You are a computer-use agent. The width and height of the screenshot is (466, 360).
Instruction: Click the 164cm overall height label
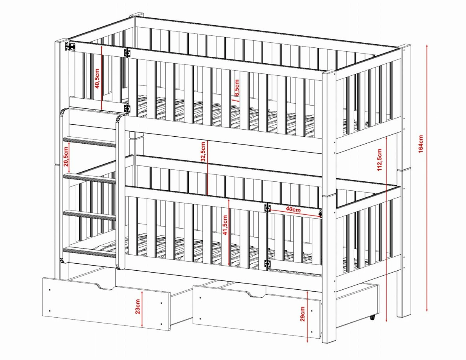tap(421, 144)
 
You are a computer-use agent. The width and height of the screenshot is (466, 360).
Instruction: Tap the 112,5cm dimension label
tap(379, 160)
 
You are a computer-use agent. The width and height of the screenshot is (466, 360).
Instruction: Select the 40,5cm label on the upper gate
tap(97, 79)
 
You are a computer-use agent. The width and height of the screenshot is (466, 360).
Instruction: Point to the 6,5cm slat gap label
tap(237, 88)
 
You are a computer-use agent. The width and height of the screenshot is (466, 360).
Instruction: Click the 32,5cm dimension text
tap(203, 151)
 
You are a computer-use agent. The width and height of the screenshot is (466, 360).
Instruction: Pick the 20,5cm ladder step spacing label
tap(66, 157)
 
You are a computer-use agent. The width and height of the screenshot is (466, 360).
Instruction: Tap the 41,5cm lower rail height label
tap(225, 225)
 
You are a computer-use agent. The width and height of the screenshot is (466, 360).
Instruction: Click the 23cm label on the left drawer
tap(138, 307)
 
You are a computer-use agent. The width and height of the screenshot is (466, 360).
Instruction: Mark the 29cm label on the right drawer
tap(303, 314)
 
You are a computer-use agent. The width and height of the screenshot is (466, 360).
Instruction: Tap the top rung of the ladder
tap(89, 142)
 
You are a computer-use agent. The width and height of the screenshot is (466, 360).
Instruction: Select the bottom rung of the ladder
tap(89, 252)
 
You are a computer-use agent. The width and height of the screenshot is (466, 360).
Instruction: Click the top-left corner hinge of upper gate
tap(71, 46)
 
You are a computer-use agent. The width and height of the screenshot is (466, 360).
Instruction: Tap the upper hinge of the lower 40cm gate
tap(267, 208)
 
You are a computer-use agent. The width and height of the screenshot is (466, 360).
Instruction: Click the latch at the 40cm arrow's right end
tap(321, 214)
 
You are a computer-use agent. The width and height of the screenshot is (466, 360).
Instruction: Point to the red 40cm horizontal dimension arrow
tap(295, 213)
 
